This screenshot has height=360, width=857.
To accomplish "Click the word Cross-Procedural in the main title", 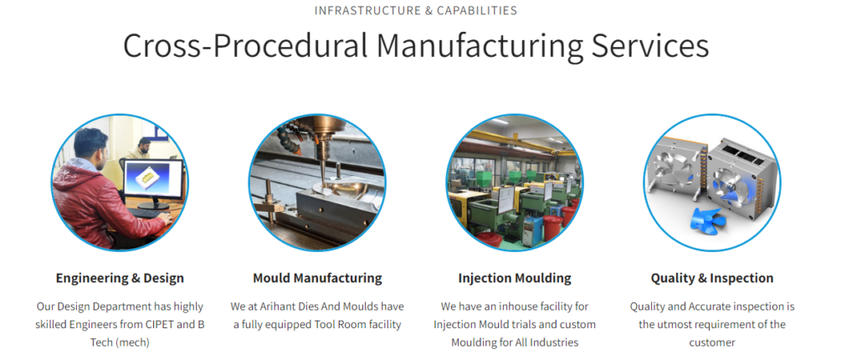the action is [245, 46].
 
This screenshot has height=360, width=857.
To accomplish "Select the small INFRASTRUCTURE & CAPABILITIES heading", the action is [415, 10].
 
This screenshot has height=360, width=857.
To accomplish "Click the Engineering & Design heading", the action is [120, 278].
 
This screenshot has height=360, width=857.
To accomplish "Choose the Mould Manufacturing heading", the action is [317, 278].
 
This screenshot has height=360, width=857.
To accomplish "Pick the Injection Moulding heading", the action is [515, 278].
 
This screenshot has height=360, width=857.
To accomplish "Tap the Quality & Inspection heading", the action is [711, 278].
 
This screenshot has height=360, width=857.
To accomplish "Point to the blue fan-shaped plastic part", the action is [708, 222].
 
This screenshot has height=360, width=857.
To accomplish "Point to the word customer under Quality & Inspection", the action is [711, 342].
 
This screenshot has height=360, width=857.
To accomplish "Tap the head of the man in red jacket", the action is [90, 144].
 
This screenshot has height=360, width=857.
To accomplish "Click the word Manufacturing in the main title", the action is [480, 46].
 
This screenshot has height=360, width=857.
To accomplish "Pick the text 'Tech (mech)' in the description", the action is [120, 342].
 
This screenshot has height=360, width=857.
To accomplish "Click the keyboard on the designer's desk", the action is [144, 213].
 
